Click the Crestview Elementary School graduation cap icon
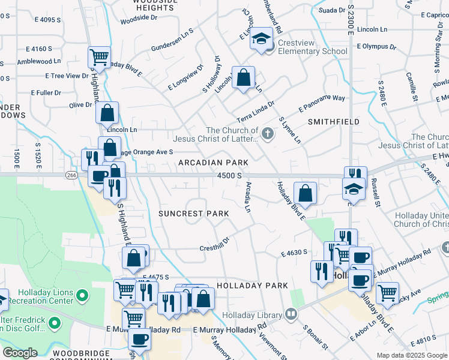(261, 39)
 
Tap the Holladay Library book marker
(291, 314)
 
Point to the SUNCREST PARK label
(193, 214)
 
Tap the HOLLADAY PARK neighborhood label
(252, 286)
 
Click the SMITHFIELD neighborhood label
(334, 122)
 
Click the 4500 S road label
(229, 176)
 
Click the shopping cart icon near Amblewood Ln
(99, 58)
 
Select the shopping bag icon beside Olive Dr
(107, 112)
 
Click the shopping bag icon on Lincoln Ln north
(243, 77)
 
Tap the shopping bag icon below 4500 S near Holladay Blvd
(306, 193)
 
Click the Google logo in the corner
(20, 353)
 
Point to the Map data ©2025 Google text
(412, 355)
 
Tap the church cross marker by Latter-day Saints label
(268, 135)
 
